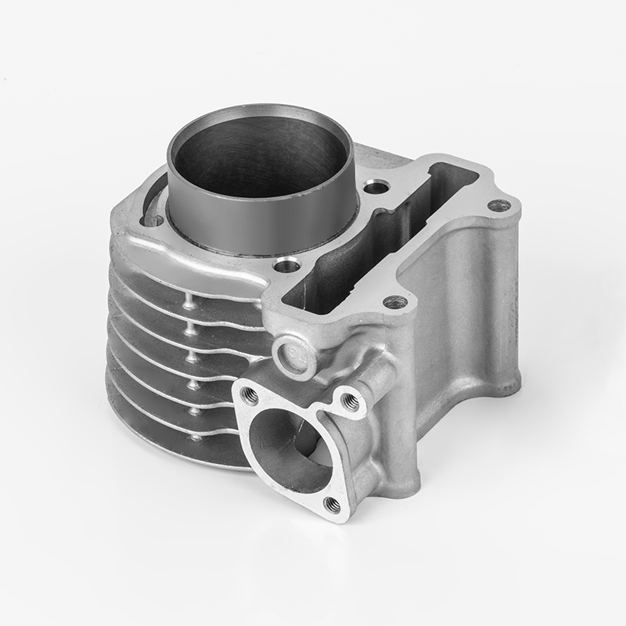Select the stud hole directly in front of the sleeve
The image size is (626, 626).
coord(286,267)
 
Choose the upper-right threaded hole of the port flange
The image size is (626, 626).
coord(350,402)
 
